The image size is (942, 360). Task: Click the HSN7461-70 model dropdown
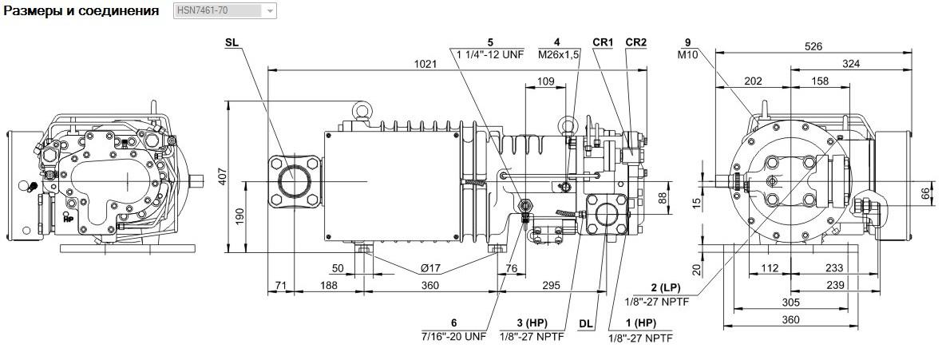pos(224,11)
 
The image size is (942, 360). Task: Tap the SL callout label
pos(232,42)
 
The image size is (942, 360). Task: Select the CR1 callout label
pos(603,42)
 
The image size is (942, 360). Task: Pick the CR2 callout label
pos(635,42)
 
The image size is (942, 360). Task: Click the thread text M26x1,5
pos(559,55)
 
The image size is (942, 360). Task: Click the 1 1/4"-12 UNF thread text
pos(490,55)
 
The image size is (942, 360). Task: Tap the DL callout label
pos(586,324)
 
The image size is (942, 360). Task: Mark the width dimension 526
pos(813,45)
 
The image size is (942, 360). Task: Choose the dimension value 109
pos(545,81)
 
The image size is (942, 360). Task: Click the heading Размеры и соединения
pos(81,11)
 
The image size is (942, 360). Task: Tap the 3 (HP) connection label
pos(532,323)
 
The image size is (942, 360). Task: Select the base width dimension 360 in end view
pos(791,320)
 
